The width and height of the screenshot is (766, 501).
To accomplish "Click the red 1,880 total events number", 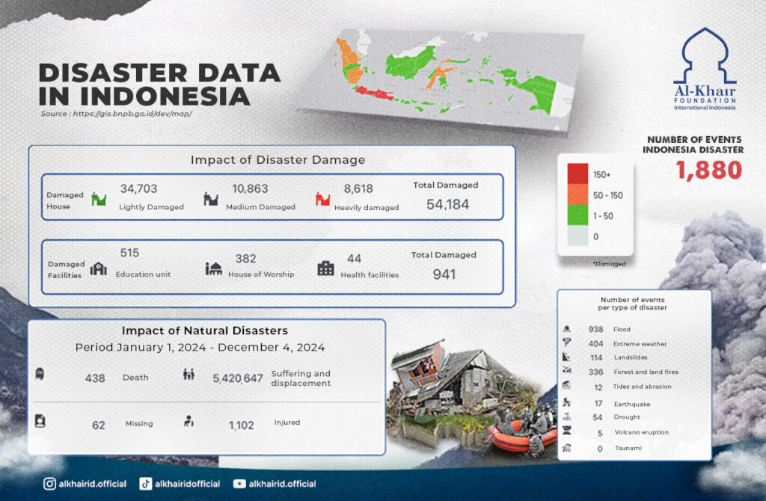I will tap(709, 170).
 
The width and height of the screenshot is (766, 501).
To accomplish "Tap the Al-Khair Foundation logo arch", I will tap(705, 56).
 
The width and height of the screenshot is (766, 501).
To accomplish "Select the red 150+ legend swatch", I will tap(578, 174).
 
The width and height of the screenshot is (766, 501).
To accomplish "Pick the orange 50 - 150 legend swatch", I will tap(578, 195).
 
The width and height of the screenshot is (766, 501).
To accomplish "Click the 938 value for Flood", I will tap(596, 329).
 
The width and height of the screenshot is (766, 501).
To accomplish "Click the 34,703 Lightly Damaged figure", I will tap(139, 189).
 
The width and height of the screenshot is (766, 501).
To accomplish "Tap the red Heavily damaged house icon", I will tap(323, 199).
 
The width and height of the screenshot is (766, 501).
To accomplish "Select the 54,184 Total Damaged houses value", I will tap(447, 204).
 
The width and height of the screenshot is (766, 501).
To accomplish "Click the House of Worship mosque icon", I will tap(214, 268).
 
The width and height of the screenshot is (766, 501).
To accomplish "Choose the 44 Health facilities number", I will tap(355, 259).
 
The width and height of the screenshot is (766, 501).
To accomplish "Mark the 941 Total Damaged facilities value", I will tap(444, 274).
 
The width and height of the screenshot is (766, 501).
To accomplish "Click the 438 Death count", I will tap(95, 378).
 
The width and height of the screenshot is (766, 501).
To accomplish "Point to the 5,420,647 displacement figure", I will tap(238, 379).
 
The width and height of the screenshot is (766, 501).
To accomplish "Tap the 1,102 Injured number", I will tap(242, 425).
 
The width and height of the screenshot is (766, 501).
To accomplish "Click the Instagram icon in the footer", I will tap(49, 484).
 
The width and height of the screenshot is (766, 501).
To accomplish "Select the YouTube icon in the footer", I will tap(239, 484).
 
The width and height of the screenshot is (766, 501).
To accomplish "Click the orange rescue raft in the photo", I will tap(515, 438).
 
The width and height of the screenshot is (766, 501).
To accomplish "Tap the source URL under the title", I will tap(117, 114).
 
